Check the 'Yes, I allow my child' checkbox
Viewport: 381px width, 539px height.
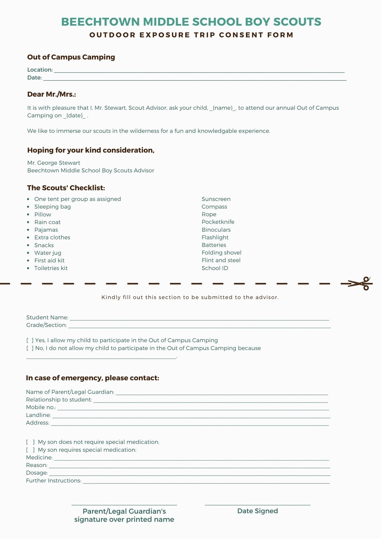click(30, 340)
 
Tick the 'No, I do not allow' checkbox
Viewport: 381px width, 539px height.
click(30, 348)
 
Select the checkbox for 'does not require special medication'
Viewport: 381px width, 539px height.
click(30, 442)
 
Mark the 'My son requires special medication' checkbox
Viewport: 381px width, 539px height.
click(30, 450)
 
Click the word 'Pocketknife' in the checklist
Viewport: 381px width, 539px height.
click(218, 222)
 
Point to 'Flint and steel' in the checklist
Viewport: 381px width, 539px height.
click(221, 260)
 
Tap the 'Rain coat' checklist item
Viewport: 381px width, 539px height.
click(47, 222)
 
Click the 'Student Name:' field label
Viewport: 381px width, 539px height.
click(47, 317)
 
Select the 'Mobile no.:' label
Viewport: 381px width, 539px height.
click(41, 407)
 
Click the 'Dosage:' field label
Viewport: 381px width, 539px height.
click(37, 473)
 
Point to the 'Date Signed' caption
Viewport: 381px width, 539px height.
click(257, 511)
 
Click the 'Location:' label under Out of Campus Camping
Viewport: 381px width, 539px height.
click(40, 70)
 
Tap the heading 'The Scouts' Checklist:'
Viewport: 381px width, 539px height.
click(66, 188)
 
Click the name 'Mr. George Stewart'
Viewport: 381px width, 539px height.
click(54, 163)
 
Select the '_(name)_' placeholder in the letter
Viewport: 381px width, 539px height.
click(223, 108)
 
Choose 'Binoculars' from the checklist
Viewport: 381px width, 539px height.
click(216, 230)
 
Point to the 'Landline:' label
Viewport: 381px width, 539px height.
click(38, 415)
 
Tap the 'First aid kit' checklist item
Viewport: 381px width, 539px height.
click(49, 260)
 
